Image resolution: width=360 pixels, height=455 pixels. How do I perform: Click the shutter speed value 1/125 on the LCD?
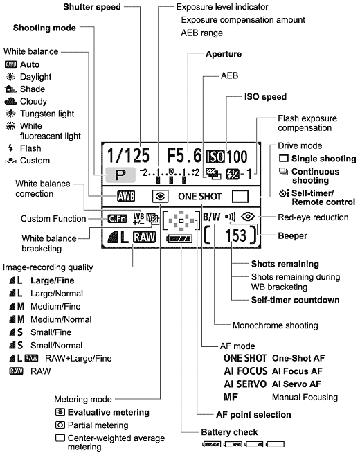(x=128, y=155)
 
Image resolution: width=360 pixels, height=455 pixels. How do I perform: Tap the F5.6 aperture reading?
(x=184, y=155)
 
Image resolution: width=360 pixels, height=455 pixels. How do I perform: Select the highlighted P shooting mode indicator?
(x=120, y=175)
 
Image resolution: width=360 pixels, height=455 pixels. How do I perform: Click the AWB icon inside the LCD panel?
(x=126, y=197)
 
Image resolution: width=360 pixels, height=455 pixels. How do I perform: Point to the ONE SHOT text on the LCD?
(x=199, y=197)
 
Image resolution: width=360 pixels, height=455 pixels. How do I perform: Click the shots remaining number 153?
(x=236, y=235)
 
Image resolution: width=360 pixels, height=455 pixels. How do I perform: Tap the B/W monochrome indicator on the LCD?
(x=212, y=217)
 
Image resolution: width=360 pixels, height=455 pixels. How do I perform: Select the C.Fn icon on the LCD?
(x=118, y=219)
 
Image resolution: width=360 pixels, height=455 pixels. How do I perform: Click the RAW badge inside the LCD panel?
(x=145, y=237)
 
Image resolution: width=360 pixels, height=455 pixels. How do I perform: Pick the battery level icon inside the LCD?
(x=179, y=239)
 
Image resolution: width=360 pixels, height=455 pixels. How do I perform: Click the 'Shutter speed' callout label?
(x=92, y=7)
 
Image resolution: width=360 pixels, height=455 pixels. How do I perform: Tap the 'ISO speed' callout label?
(x=265, y=97)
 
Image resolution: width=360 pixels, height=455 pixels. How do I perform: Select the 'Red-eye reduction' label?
(x=313, y=217)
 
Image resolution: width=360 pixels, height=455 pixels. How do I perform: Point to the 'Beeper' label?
(x=292, y=235)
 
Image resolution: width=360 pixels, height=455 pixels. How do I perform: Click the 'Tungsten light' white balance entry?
(x=47, y=114)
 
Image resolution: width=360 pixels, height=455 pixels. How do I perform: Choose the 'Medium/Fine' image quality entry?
(x=55, y=306)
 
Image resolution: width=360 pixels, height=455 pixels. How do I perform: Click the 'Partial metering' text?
(x=98, y=425)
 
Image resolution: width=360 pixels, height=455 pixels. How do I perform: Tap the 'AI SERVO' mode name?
(x=245, y=384)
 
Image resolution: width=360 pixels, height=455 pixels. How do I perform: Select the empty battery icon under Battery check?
(x=276, y=444)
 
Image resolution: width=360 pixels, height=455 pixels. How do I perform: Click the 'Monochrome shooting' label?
(x=276, y=325)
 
